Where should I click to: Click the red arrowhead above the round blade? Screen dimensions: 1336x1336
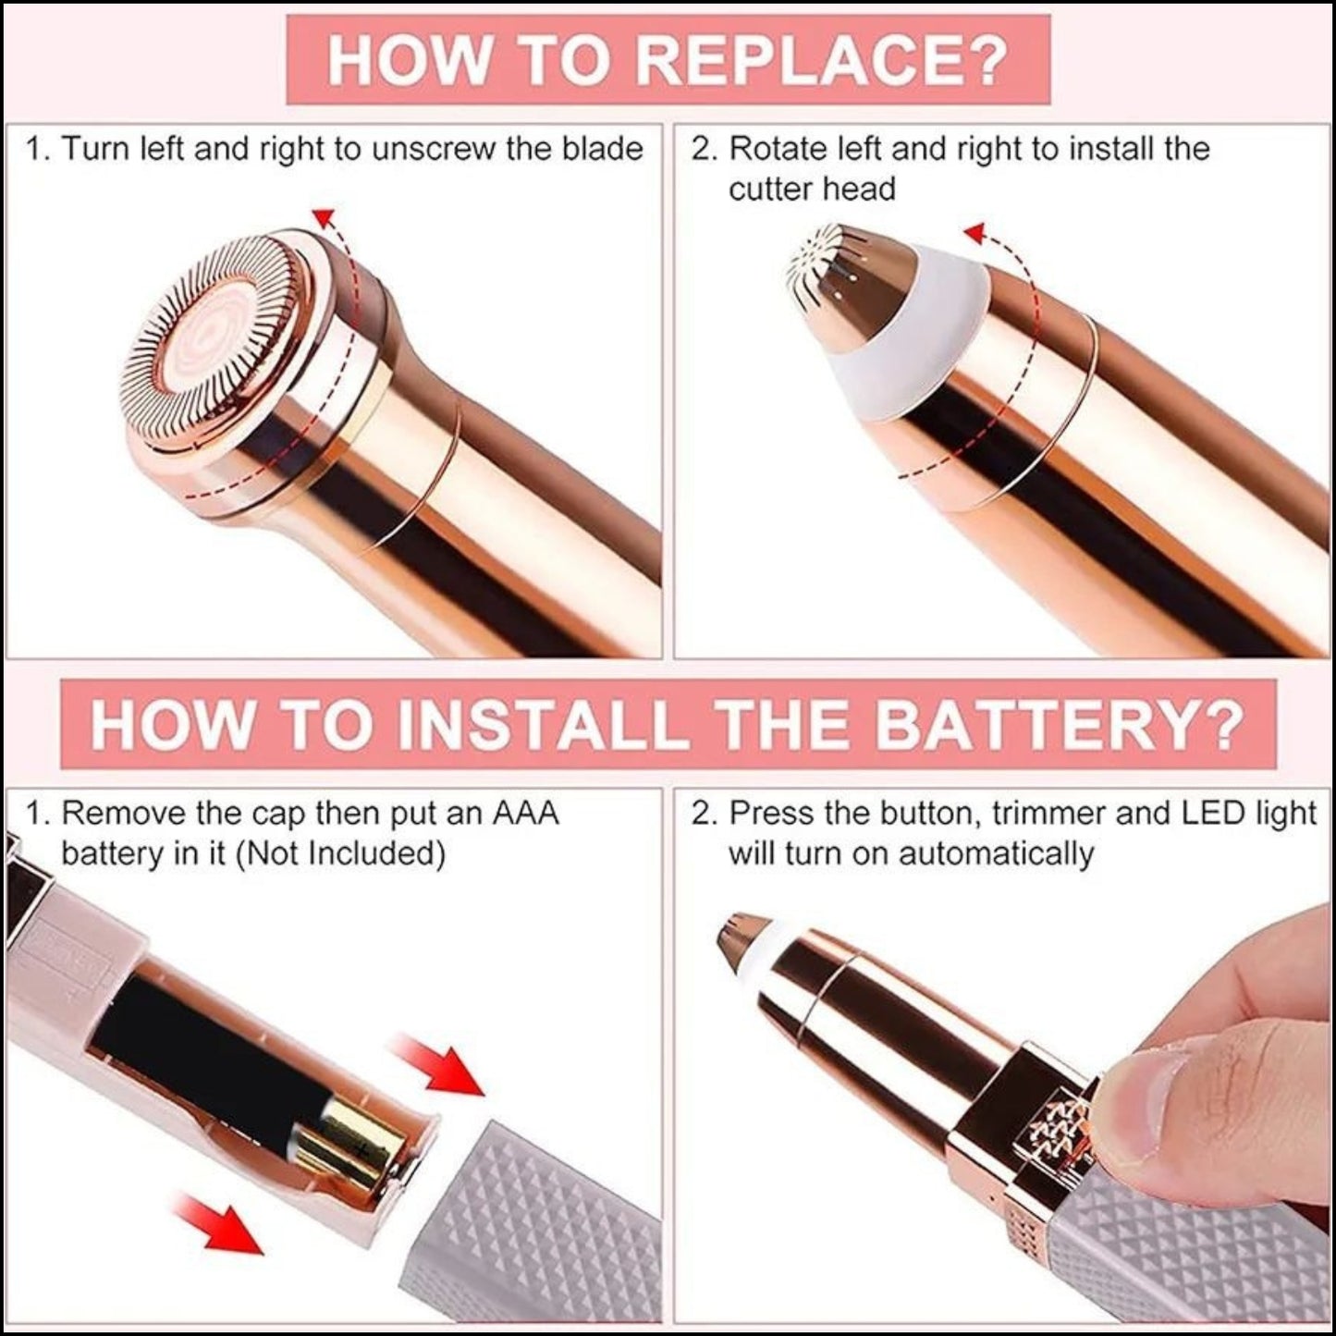point(322,217)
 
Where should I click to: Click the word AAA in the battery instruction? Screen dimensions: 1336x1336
point(525,814)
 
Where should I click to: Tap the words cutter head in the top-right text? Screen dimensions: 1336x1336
point(812,189)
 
